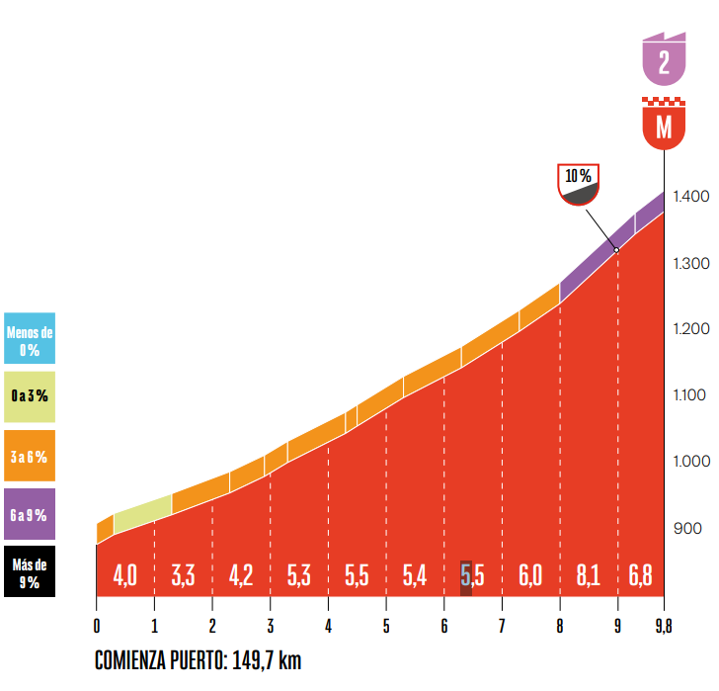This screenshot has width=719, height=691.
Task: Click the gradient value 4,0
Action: (124, 575)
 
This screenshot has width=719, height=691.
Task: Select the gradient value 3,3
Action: (183, 575)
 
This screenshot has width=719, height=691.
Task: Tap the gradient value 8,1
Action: (588, 575)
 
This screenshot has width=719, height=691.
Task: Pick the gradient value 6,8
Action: (640, 575)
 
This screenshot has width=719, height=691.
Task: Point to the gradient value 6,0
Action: (530, 575)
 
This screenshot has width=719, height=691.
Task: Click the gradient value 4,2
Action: (241, 575)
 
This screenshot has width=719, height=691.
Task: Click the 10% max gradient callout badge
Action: (579, 184)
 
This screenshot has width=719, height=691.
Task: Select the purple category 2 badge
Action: (664, 60)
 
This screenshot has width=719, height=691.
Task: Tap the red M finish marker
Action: (664, 125)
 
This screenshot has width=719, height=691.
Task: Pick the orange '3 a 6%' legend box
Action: (29, 456)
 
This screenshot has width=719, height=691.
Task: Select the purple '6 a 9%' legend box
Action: (29, 514)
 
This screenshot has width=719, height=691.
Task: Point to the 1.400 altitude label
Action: (691, 197)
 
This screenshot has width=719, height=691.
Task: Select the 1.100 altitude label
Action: (691, 395)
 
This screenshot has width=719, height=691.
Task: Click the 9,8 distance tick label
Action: (663, 627)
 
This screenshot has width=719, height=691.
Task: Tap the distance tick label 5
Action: (386, 627)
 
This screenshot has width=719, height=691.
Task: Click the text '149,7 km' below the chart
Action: (268, 660)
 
